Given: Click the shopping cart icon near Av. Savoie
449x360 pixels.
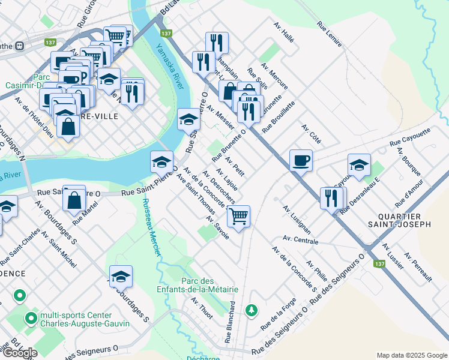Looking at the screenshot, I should (x=239, y=216).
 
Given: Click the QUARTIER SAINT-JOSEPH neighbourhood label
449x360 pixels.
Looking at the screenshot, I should (x=404, y=220).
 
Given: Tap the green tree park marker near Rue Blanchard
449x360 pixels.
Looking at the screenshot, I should (x=252, y=310).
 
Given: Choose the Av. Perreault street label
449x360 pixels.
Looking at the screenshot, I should (x=418, y=267).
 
